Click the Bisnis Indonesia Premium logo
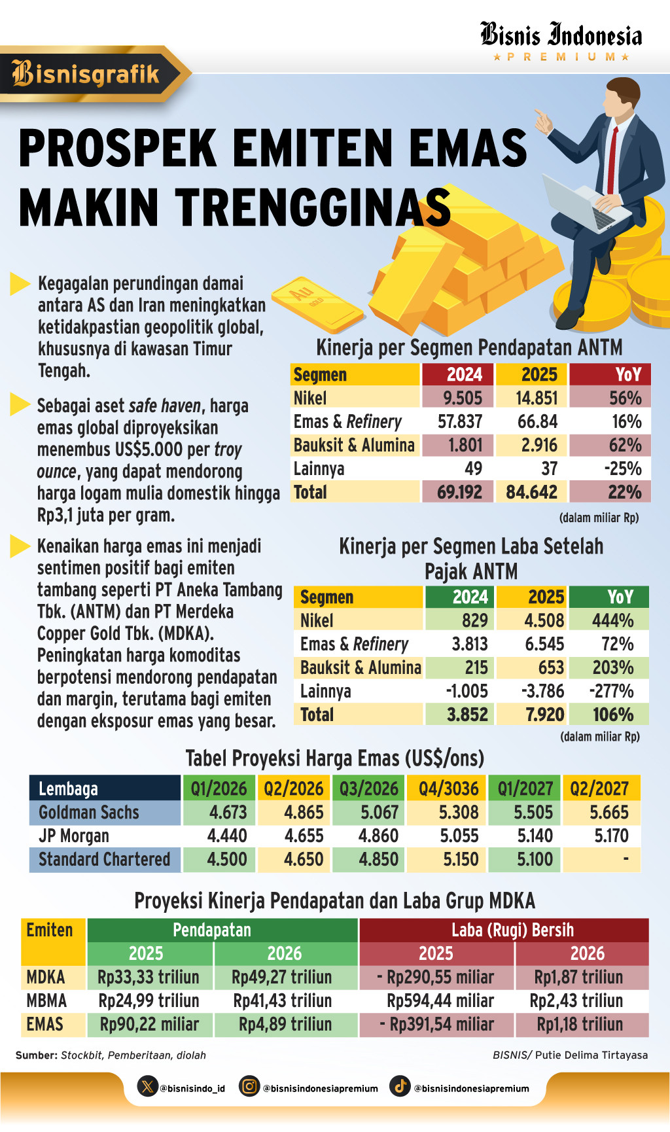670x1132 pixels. (561, 41)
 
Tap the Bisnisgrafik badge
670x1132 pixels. (88, 74)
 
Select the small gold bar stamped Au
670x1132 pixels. (317, 304)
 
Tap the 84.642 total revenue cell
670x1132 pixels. (531, 492)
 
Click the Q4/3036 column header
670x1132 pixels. (448, 788)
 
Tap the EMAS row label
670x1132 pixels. (45, 1024)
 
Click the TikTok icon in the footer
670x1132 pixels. (400, 1086)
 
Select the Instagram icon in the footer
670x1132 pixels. (249, 1086)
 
